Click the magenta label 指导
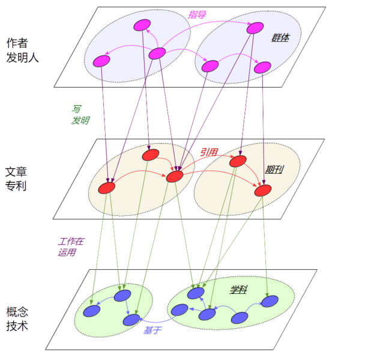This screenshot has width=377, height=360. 198,14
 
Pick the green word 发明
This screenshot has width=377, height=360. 80,120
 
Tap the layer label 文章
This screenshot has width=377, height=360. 16,171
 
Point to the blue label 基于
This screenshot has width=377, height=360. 152,331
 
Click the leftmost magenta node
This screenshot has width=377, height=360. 102,61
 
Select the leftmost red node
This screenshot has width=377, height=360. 107,188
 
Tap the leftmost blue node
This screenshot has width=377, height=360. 92,310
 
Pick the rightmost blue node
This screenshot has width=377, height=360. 270,301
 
